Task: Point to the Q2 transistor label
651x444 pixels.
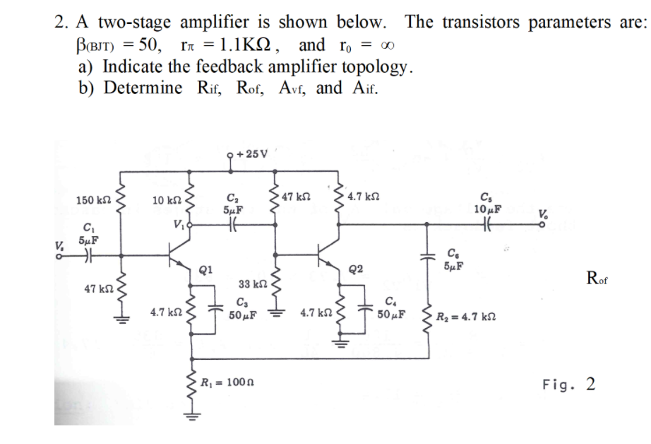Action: (x=357, y=269)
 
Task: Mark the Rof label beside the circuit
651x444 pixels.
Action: (x=597, y=277)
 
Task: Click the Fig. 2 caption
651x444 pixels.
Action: (x=568, y=385)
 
